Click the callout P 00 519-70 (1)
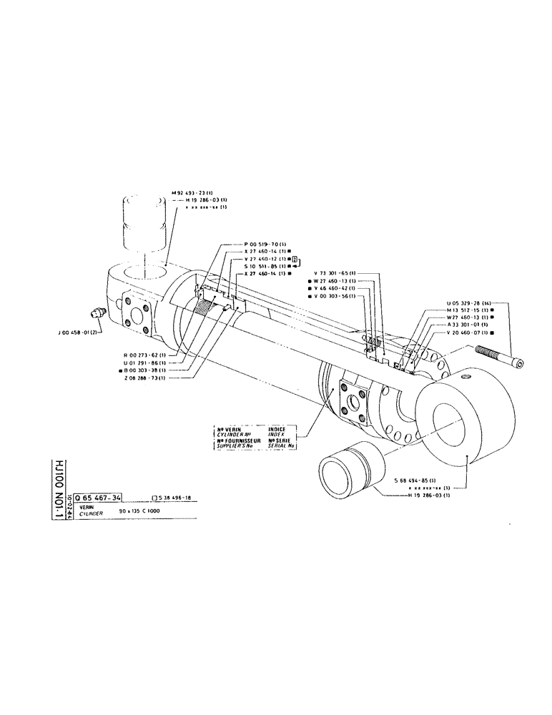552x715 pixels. coord(265,245)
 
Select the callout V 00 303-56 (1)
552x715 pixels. coord(337,297)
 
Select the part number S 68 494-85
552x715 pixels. coord(419,479)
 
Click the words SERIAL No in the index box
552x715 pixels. coord(280,446)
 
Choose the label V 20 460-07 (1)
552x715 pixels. coord(468,333)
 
